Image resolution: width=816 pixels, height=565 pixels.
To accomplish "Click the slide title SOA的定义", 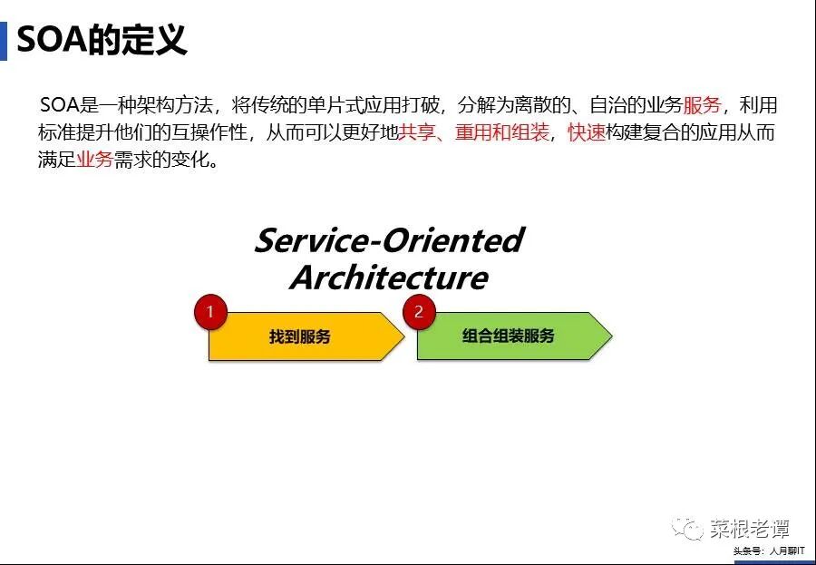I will coord(102,41).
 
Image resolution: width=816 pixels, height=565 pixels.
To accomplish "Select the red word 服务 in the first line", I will coord(703,104).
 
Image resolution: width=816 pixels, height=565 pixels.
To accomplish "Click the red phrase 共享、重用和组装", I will coord(474,132).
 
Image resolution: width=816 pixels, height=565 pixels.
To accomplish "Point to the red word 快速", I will coord(587,132).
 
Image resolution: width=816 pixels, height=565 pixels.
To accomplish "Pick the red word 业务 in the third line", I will coord(94,161).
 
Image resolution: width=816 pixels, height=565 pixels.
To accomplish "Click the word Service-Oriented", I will coord(389,240).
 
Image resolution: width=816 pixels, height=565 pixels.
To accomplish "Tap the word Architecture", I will coord(389,277).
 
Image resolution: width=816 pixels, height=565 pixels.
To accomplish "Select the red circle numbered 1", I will coord(210,312).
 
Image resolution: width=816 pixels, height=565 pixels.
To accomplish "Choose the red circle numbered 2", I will coord(418,312).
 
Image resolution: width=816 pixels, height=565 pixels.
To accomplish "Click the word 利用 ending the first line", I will coord(759,104).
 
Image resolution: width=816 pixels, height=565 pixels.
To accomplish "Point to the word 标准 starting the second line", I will coord(56,132).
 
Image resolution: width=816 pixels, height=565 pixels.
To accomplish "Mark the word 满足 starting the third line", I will coord(56,161).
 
